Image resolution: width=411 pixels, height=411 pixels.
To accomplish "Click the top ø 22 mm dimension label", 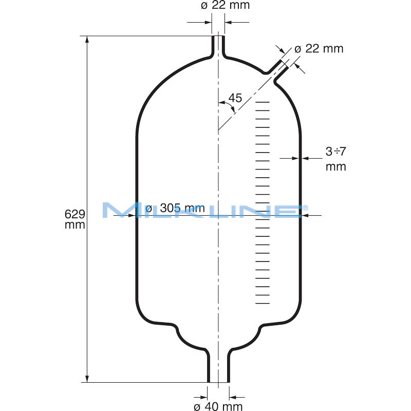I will click(226, 6).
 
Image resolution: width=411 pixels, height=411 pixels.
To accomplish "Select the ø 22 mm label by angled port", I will click(319, 49).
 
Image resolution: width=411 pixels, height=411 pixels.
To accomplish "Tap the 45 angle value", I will click(235, 98).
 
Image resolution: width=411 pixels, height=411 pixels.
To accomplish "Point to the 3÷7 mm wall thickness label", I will click(335, 159).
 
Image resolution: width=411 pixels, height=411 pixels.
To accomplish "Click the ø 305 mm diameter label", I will click(175, 209).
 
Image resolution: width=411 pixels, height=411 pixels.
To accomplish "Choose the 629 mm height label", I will click(75, 219).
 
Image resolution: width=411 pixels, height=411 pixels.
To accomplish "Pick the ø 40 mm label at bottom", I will click(218, 406).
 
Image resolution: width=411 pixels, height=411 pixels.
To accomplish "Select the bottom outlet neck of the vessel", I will click(218, 367).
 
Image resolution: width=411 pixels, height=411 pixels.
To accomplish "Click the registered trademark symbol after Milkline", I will click(305, 207).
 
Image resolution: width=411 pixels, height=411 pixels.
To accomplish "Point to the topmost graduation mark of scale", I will click(263, 102).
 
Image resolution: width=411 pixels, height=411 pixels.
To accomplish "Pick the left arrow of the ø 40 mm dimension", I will click(203, 397).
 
